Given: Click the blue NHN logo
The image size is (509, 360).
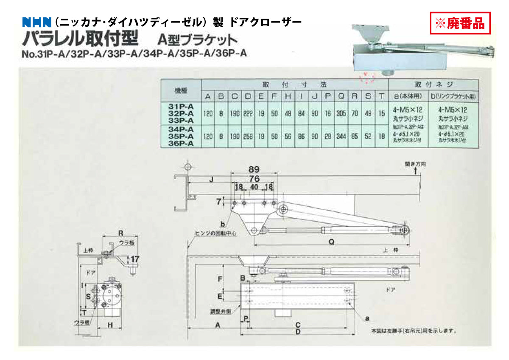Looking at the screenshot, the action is click(37, 21).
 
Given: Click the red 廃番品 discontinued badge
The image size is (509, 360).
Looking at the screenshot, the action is click(460, 23).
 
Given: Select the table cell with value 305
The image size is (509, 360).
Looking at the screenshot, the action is click(341, 114).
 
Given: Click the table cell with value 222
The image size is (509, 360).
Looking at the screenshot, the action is click(248, 114).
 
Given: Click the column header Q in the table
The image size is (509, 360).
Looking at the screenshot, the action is click(341, 97).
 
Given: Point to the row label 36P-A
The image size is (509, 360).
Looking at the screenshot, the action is click(181, 144).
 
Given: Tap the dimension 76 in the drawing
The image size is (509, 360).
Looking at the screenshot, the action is click(254, 179).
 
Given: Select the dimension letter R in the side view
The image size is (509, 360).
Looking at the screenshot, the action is click(120, 233).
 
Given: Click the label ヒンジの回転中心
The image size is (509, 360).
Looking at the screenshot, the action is click(215, 233).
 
